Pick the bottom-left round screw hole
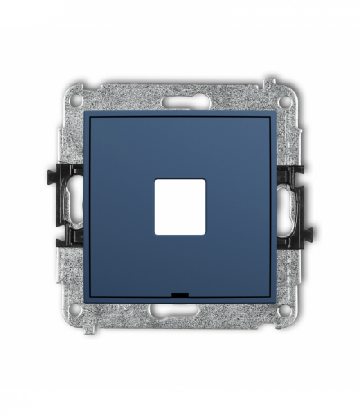(76, 310)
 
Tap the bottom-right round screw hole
(284, 310)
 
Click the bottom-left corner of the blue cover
(88, 299)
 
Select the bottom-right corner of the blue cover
(272, 299)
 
